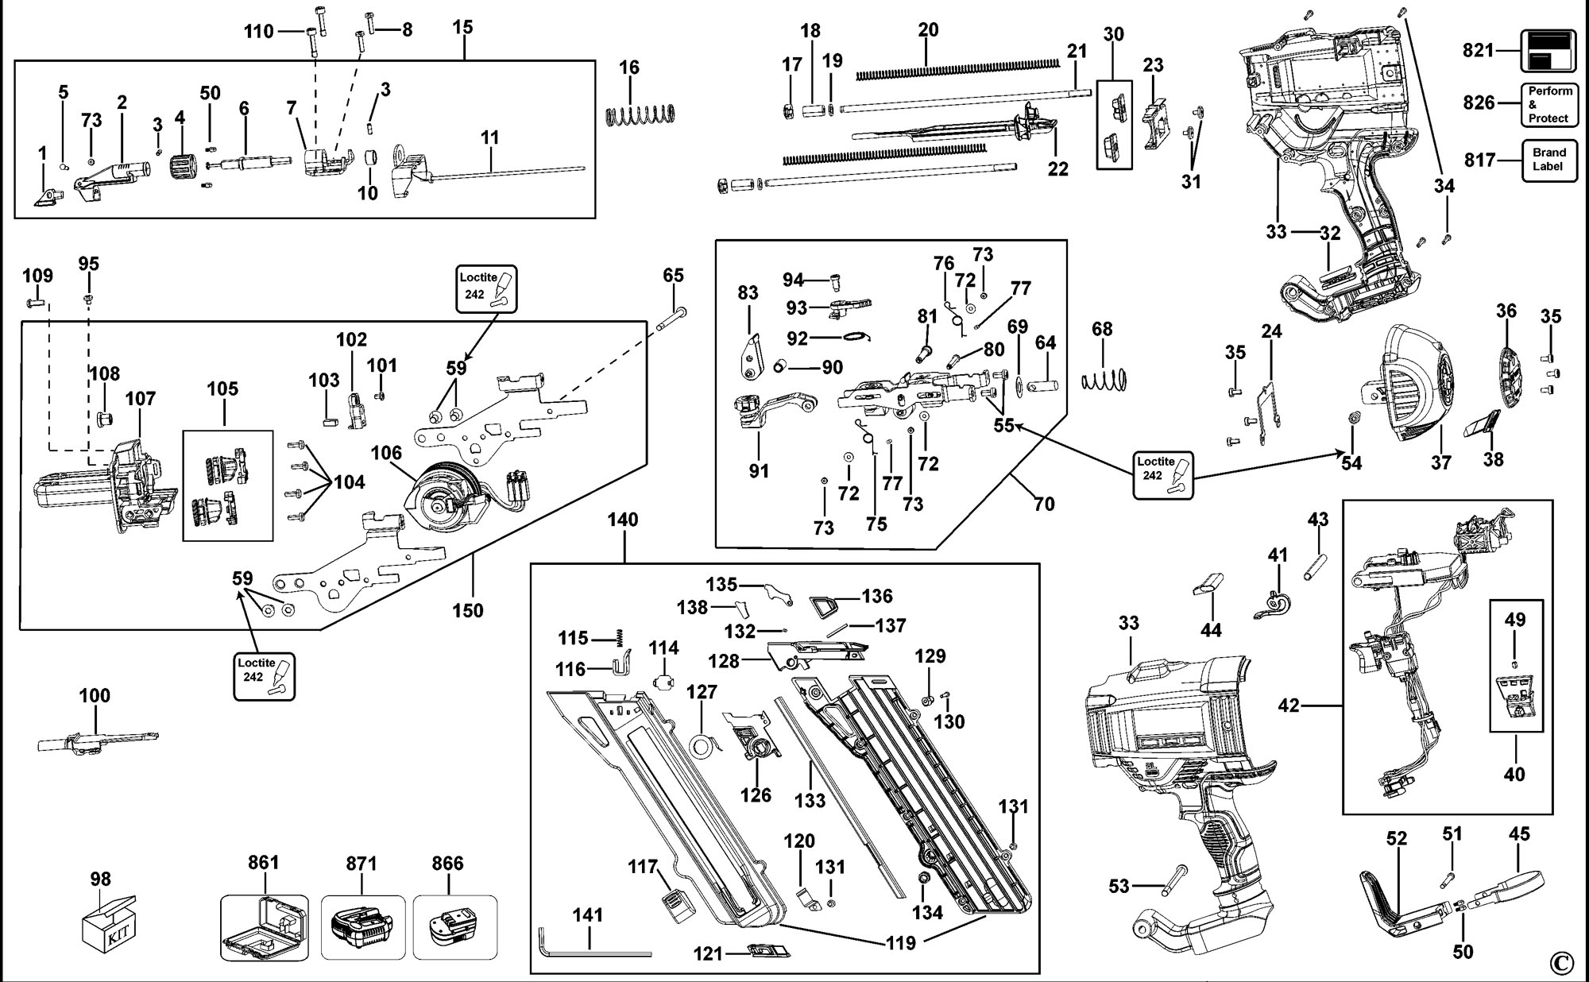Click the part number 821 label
pyautogui.click(x=1479, y=50)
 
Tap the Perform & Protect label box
pyautogui.click(x=1548, y=105)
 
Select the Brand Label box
pyautogui.click(x=1548, y=160)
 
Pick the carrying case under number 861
pyautogui.click(x=264, y=929)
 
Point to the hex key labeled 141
pyautogui.click(x=592, y=950)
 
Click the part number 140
pyautogui.click(x=623, y=520)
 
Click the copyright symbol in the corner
pyautogui.click(x=1560, y=963)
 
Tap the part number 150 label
pyautogui.click(x=468, y=610)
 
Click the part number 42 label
pyautogui.click(x=1288, y=705)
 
